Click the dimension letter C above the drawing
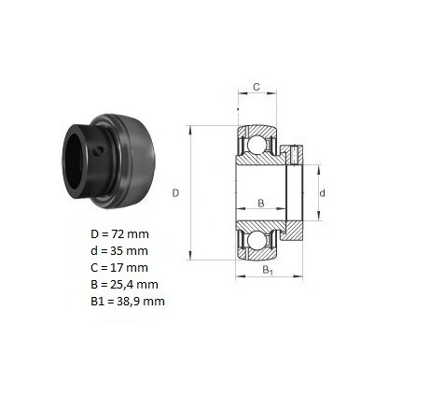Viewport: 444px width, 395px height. (257, 87)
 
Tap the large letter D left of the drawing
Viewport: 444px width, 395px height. (175, 193)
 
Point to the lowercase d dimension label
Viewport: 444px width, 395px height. (323, 193)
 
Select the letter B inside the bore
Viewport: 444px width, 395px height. (261, 204)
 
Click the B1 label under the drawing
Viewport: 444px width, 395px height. (268, 270)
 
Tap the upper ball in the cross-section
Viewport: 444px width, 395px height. (257, 145)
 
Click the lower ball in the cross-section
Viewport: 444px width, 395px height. (257, 240)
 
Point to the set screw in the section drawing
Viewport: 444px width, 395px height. (294, 155)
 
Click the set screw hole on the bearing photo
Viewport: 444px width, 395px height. (99, 151)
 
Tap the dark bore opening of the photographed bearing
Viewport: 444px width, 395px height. (74, 162)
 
